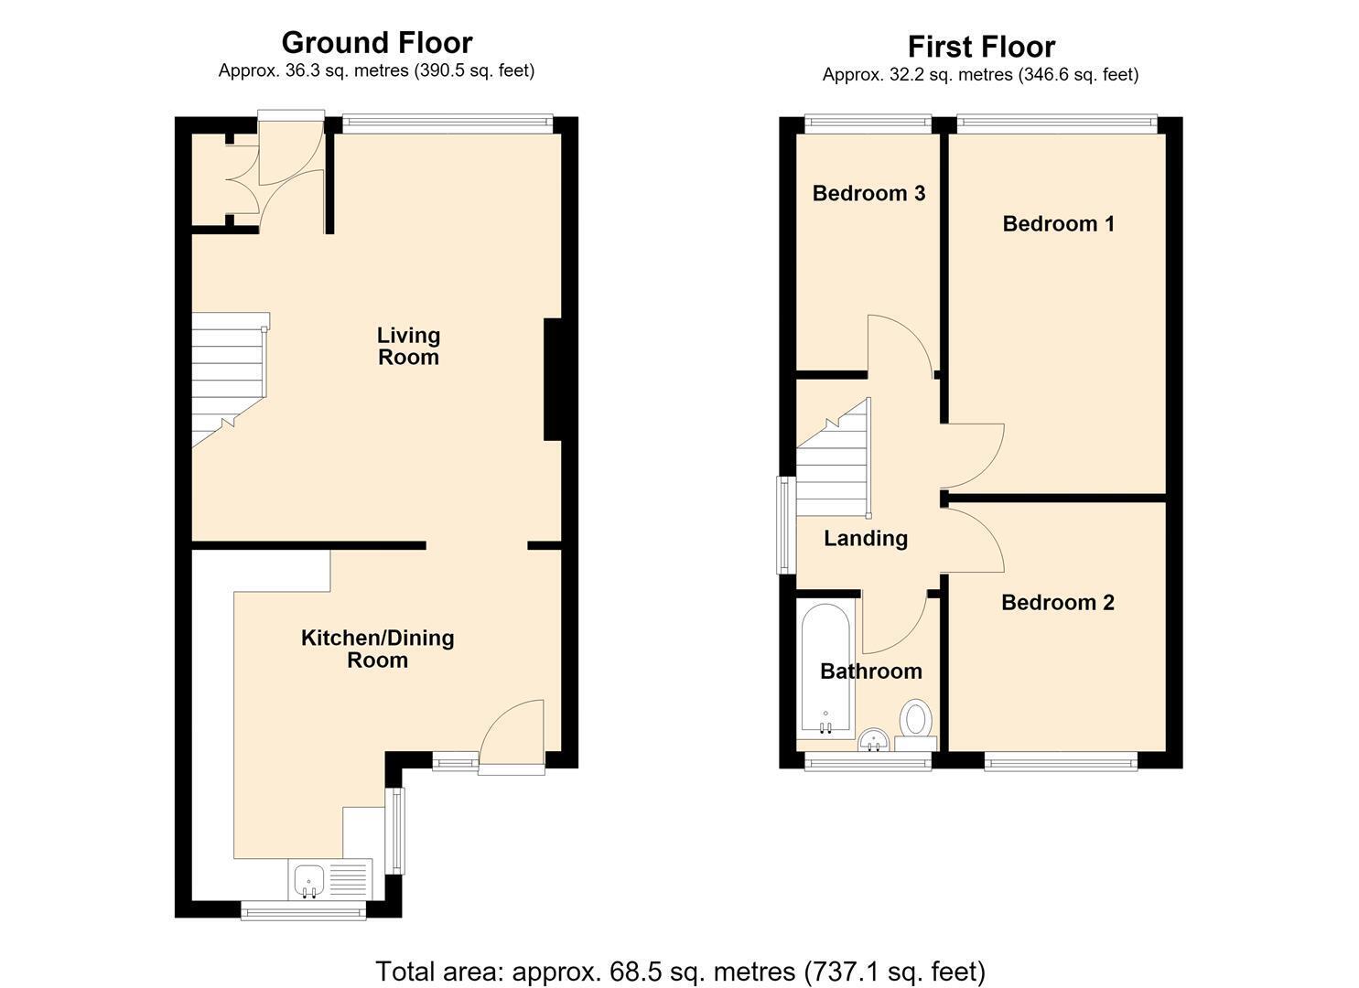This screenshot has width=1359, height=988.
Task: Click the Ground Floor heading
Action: (x=377, y=43)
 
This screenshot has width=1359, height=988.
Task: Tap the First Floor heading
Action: (x=981, y=47)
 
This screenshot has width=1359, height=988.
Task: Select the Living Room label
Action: (x=408, y=346)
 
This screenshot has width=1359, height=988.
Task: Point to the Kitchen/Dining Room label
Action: (x=377, y=649)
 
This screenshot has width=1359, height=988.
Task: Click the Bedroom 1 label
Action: (x=1058, y=224)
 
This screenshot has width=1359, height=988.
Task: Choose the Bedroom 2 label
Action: (x=1058, y=602)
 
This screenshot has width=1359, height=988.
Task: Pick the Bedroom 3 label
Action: (x=868, y=193)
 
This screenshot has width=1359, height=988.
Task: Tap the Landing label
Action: (x=866, y=539)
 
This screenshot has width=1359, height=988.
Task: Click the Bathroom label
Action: (x=871, y=671)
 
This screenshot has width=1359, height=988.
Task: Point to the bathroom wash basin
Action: (x=874, y=740)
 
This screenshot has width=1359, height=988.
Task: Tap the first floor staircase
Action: (x=833, y=458)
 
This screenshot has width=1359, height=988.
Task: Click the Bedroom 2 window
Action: (x=1061, y=761)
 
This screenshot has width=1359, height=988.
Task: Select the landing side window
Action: (x=786, y=524)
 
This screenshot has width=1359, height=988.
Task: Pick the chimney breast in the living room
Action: (x=552, y=380)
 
